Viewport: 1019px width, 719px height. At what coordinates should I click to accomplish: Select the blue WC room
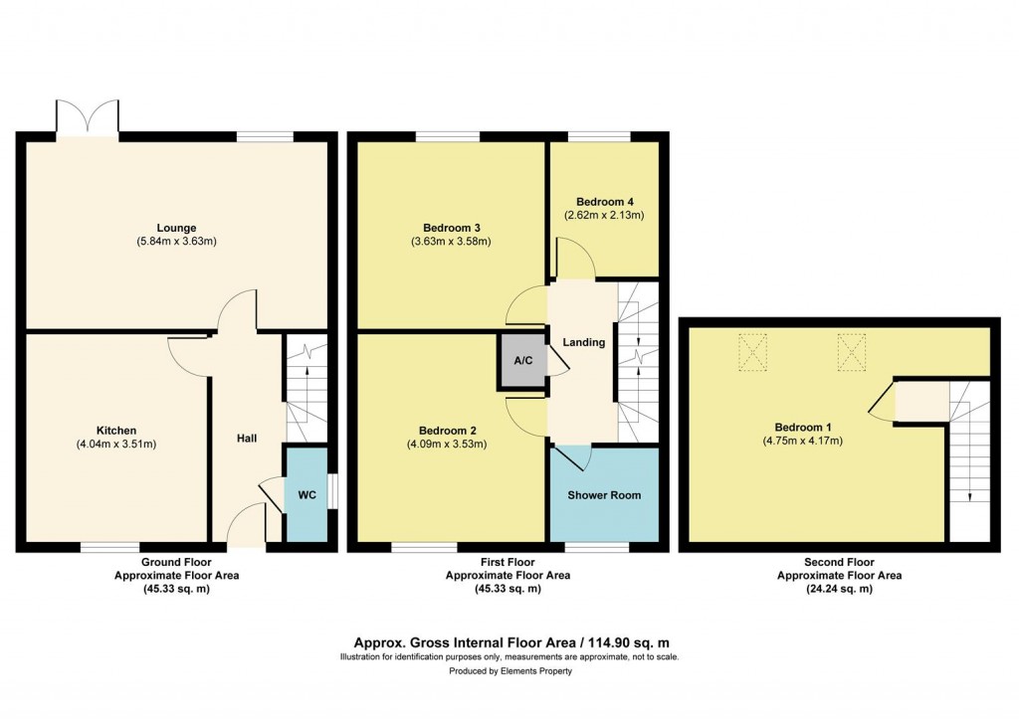[x=307, y=493]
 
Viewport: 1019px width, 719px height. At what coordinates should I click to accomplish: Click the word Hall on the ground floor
[x=248, y=438]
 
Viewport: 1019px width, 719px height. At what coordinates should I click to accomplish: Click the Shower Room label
[x=604, y=495]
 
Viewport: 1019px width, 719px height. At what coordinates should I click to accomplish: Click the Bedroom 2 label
[x=446, y=431]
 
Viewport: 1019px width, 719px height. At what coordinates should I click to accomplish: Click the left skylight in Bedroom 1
[x=752, y=351]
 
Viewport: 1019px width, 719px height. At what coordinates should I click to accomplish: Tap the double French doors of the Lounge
[x=89, y=117]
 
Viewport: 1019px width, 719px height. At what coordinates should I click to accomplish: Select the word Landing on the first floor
[x=583, y=342]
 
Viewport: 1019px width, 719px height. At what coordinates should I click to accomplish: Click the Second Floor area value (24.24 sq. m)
[x=825, y=589]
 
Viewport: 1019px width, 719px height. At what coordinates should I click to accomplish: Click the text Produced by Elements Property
[x=509, y=671]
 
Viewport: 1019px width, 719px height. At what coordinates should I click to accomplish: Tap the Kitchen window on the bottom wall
[x=110, y=547]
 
